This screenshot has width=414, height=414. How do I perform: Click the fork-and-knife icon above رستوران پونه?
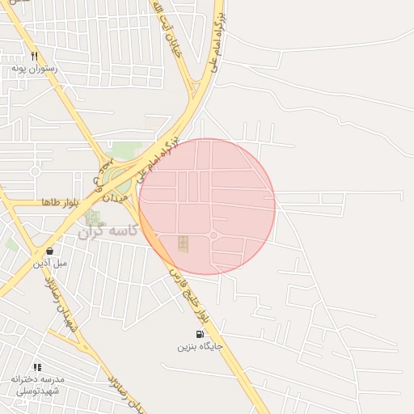point(34,57)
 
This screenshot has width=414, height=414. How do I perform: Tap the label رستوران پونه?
point(34,69)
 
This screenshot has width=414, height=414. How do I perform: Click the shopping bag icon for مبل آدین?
point(50,251)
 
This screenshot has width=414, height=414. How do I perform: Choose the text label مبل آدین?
point(50,263)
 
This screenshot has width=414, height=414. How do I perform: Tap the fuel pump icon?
point(200,334)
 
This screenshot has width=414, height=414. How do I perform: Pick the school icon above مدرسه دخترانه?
point(37,367)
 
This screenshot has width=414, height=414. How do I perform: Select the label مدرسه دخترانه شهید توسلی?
point(37,385)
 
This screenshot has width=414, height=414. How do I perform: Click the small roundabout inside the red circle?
point(213,235)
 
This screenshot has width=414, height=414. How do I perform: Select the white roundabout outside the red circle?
point(35,171)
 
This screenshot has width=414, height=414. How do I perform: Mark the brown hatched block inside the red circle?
point(184,243)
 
